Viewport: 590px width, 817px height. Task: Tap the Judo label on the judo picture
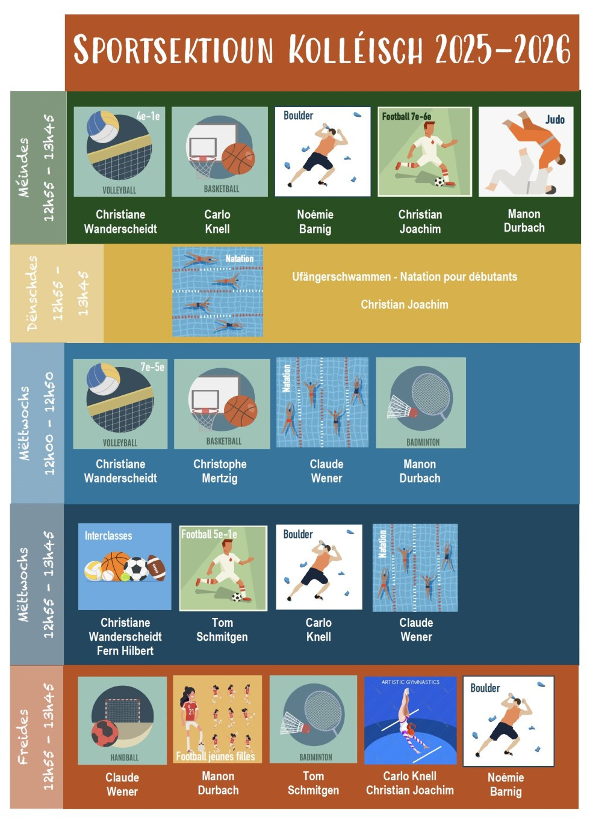(554, 120)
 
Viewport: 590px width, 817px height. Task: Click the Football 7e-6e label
(406, 116)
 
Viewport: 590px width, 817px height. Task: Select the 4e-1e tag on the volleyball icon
(148, 116)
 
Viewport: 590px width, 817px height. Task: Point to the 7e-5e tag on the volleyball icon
(152, 367)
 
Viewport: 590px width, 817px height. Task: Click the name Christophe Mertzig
(220, 471)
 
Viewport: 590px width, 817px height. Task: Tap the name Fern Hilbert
(125, 651)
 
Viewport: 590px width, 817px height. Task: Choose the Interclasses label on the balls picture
(108, 535)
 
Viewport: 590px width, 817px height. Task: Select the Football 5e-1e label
(209, 534)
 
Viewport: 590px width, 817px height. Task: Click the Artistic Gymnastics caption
(411, 682)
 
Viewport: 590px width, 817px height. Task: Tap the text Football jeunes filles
(216, 756)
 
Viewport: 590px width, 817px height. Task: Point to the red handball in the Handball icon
(105, 733)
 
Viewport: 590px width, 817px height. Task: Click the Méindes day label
(23, 167)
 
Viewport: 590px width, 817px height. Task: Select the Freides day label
(23, 736)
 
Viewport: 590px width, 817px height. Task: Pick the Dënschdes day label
(32, 293)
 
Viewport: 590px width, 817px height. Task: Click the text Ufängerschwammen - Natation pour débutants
(405, 277)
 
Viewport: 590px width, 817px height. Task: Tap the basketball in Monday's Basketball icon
(238, 158)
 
